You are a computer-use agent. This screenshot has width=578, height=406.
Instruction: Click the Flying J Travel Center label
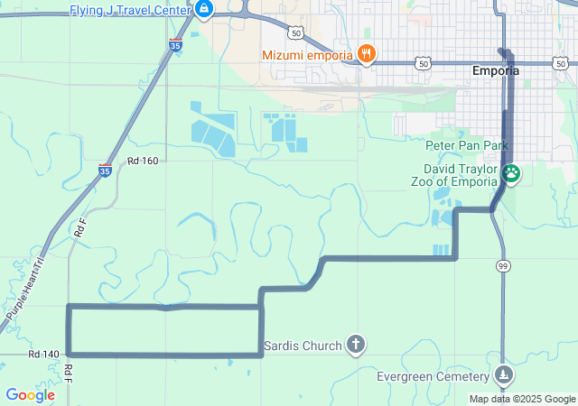point(130,10)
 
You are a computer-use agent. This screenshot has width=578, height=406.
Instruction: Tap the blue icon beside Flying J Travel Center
point(204,10)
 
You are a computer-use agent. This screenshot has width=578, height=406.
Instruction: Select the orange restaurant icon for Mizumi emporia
point(366,54)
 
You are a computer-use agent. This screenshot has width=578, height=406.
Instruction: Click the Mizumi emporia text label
point(307,55)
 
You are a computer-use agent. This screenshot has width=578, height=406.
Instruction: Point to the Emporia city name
point(496,70)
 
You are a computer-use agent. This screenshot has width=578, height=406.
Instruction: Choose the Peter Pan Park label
point(468,145)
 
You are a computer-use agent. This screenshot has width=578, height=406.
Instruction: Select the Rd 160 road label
point(143,161)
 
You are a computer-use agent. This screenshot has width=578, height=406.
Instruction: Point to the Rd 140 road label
point(43,355)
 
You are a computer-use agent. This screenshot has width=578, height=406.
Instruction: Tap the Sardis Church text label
point(303,345)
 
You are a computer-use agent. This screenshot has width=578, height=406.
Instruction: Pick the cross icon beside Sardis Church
point(357,344)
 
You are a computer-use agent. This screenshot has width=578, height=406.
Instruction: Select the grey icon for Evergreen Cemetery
point(504,374)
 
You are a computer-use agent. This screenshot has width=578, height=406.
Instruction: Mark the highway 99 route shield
point(502,265)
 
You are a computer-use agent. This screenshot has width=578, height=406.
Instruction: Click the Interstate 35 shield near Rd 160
point(105,170)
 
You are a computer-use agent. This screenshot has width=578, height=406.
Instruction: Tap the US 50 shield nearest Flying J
point(295,32)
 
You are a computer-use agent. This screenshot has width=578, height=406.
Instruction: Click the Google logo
point(30,395)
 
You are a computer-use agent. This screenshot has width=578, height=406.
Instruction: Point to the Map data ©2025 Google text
point(522,399)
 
